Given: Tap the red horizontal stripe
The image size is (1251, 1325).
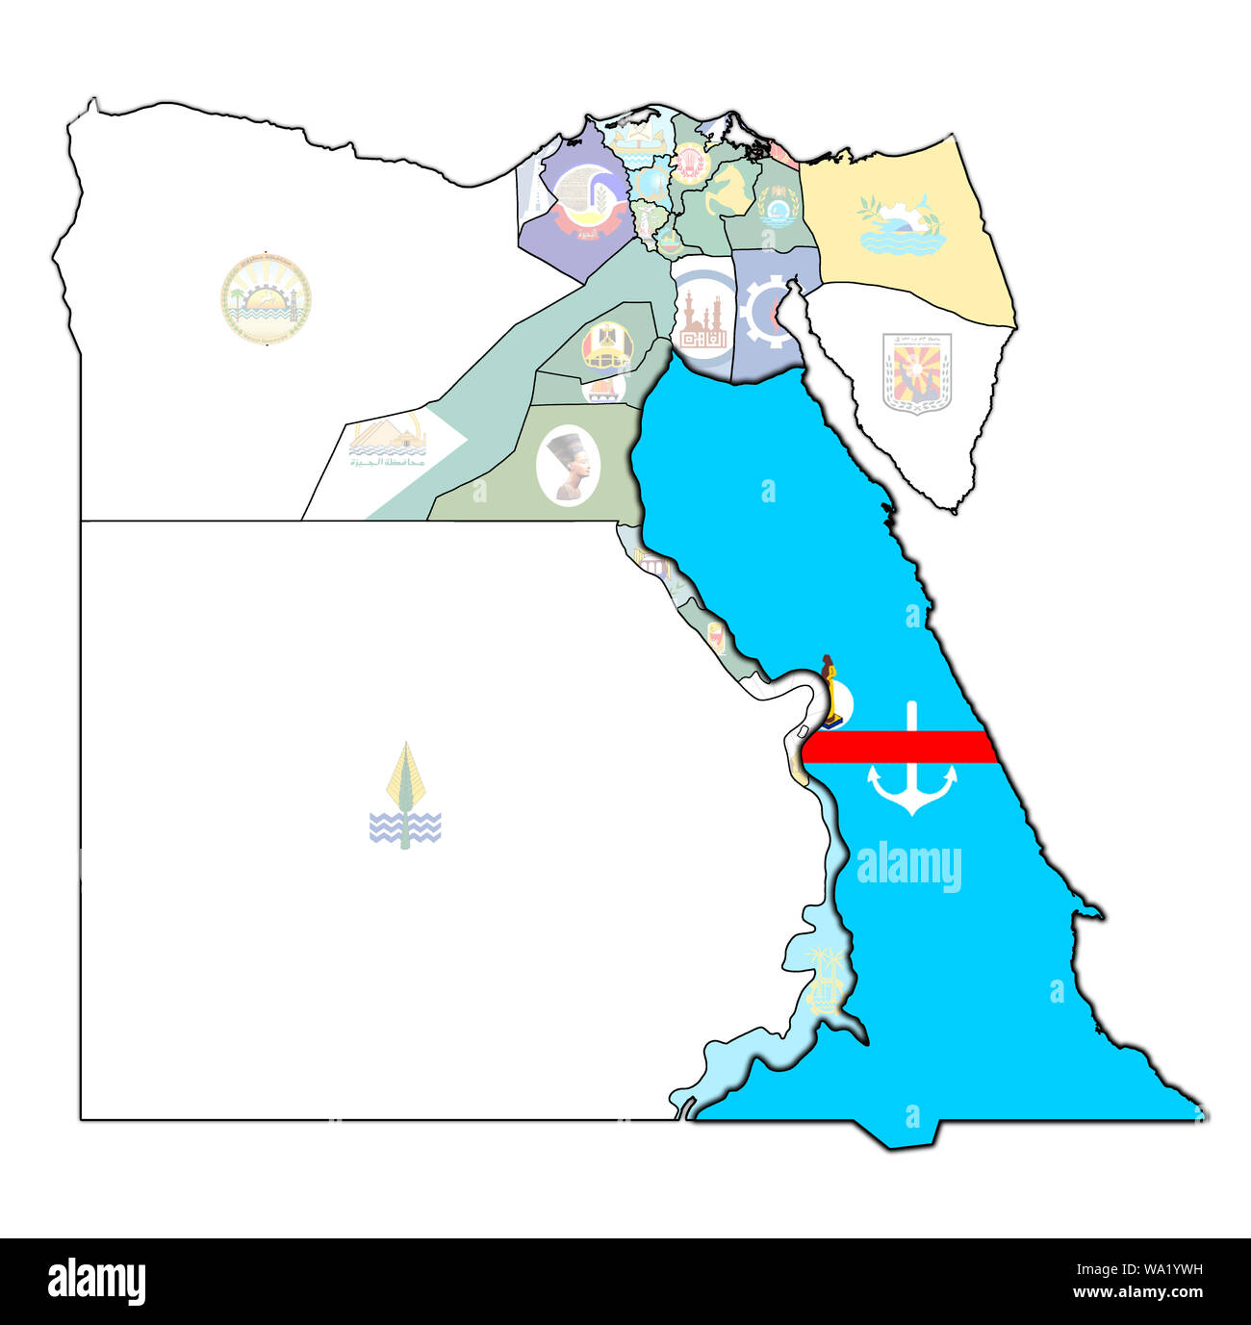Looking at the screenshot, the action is (900, 747).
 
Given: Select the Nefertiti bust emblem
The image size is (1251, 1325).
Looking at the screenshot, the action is (569, 466).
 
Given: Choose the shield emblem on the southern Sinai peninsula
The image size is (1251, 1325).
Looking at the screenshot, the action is (916, 373).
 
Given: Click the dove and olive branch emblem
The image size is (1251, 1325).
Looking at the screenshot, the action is (900, 225).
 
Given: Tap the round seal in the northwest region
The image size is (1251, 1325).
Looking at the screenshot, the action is (266, 298).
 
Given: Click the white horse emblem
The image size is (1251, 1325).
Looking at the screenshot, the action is (728, 189).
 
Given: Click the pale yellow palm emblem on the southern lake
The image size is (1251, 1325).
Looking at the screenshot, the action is (825, 980).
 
